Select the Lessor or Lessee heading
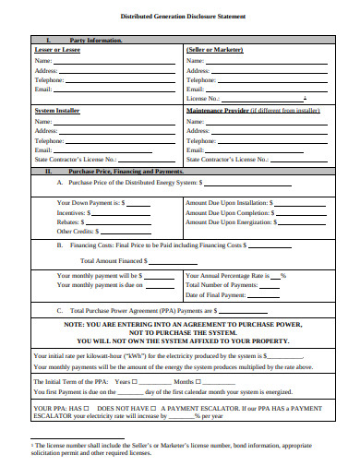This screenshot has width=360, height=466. tap(57, 49)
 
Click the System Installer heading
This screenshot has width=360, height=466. tap(57, 110)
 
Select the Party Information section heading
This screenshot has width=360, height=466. tap(95, 40)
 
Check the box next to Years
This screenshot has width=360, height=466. tap(135, 381)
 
